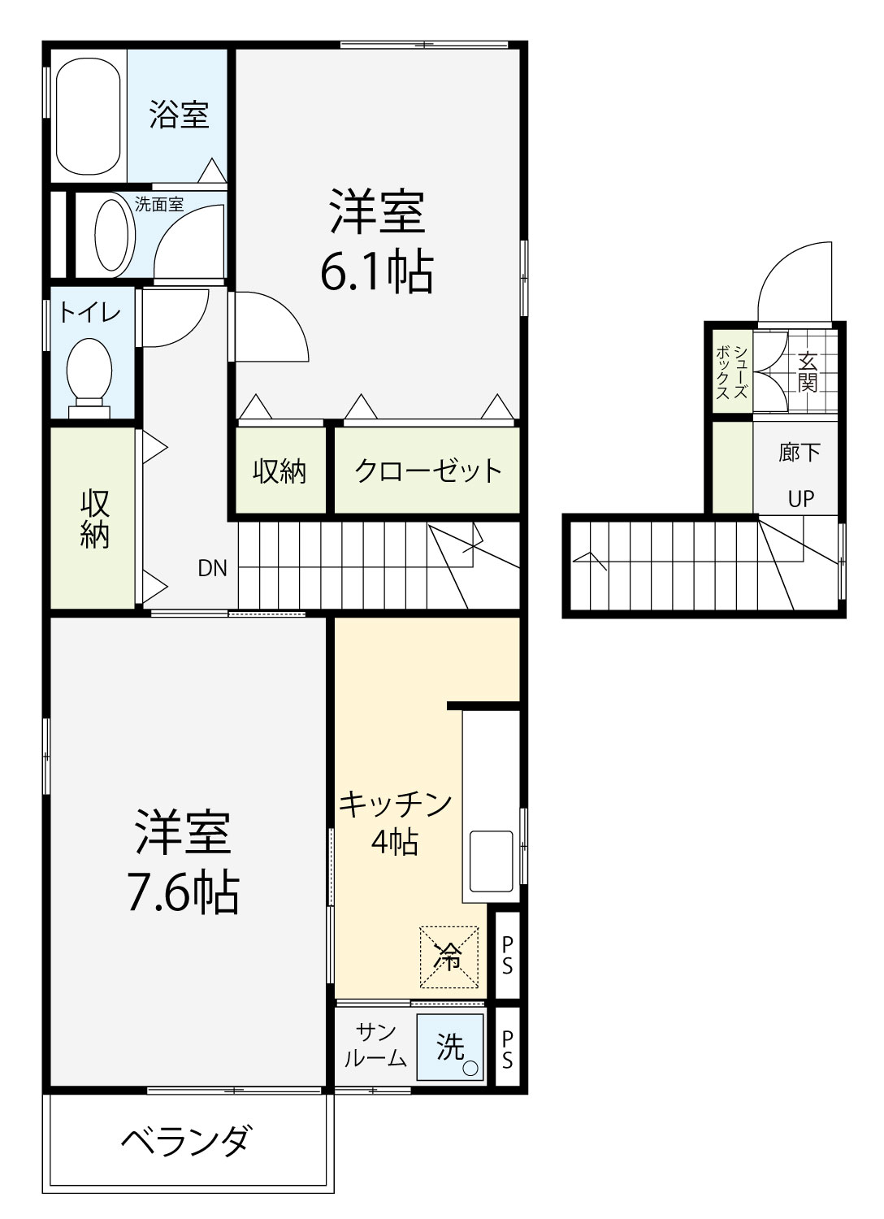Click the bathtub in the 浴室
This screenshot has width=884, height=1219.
coord(88,116)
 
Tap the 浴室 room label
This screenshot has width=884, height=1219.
coord(179,115)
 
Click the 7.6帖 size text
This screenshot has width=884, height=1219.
coord(184,891)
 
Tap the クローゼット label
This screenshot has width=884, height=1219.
coord(427,471)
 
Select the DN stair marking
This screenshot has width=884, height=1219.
coord(212,569)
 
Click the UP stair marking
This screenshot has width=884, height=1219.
coord(801,498)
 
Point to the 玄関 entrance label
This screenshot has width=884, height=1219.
coord(808,371)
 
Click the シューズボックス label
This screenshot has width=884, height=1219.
coord(732,372)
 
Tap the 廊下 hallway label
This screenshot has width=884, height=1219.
coord(799,452)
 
